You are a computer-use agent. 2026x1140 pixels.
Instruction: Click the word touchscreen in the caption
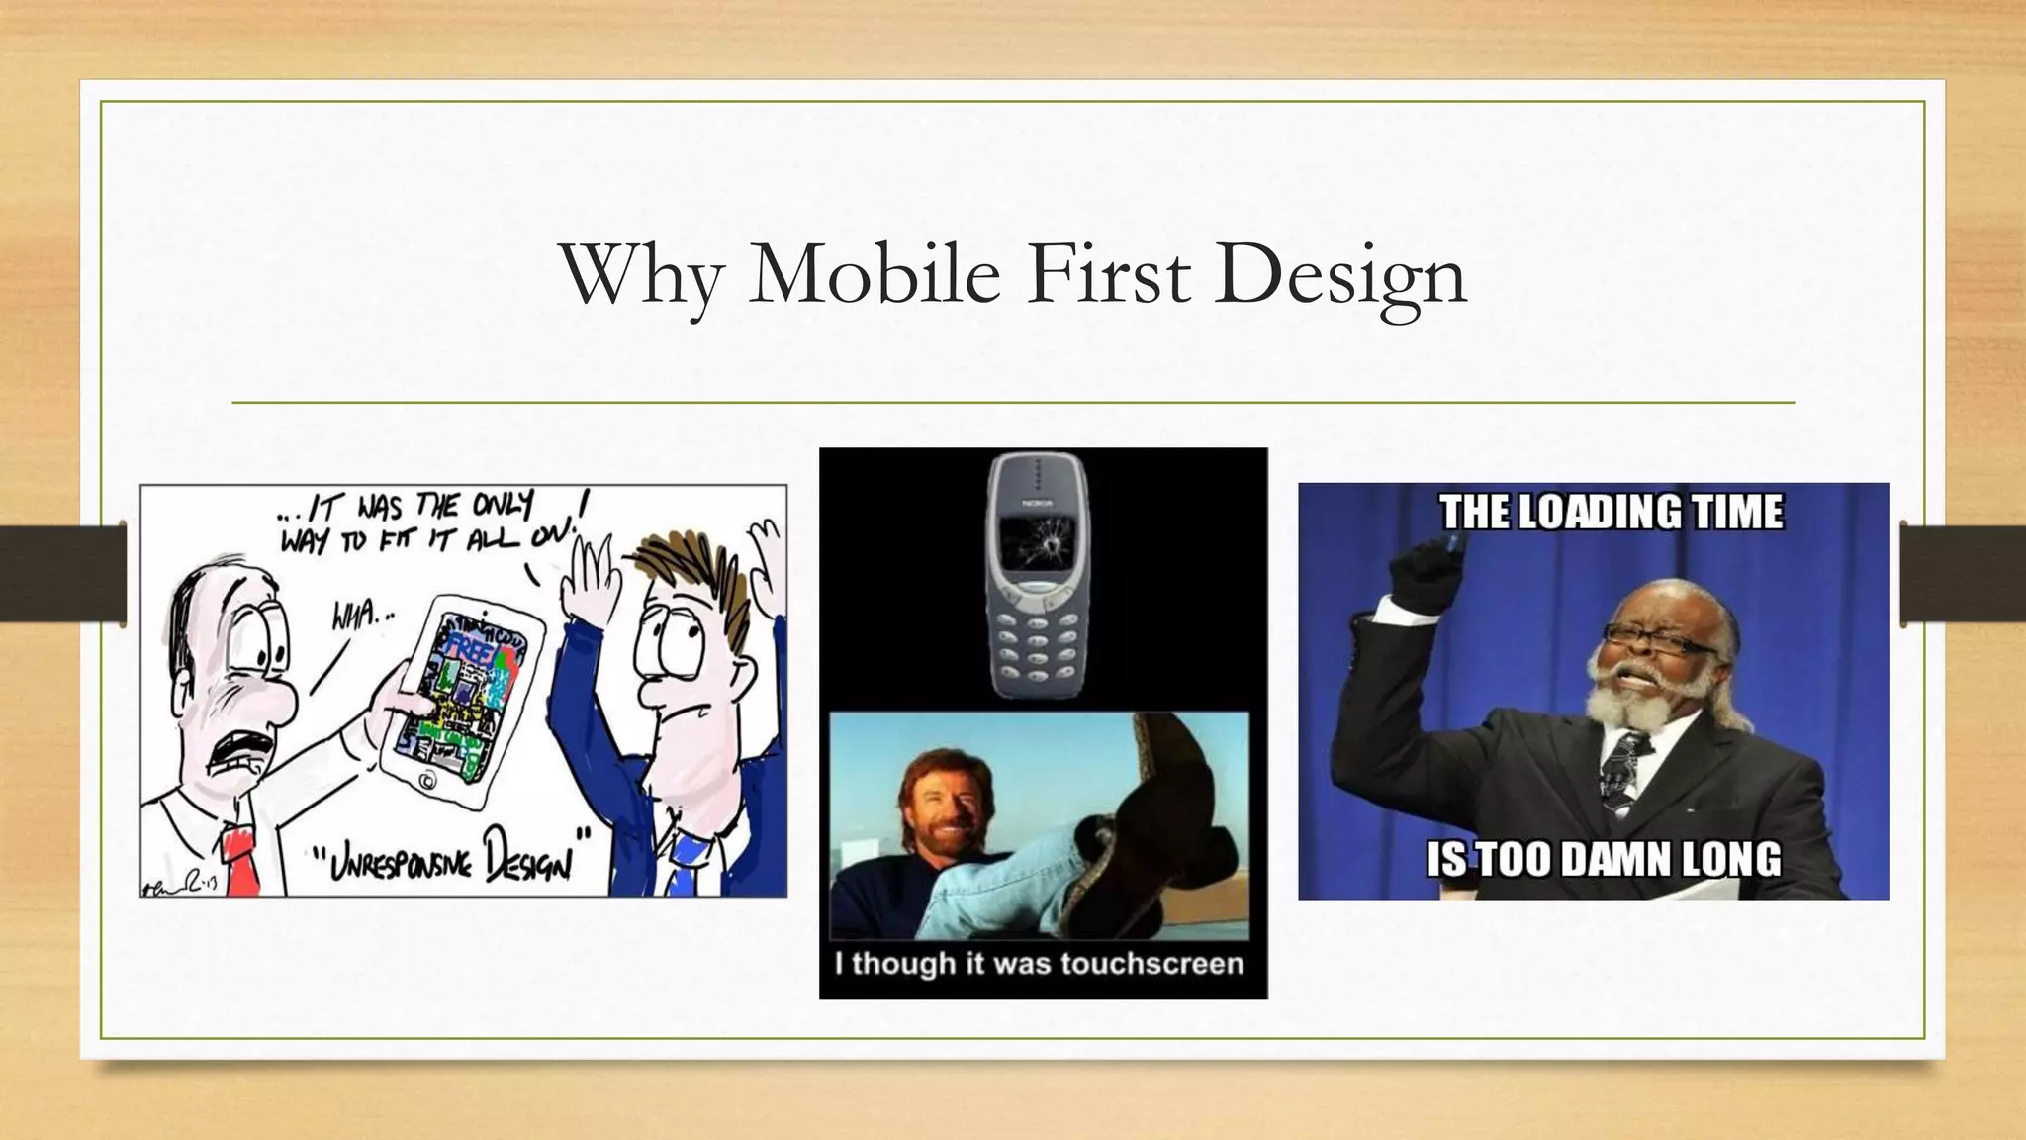click(1151, 963)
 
